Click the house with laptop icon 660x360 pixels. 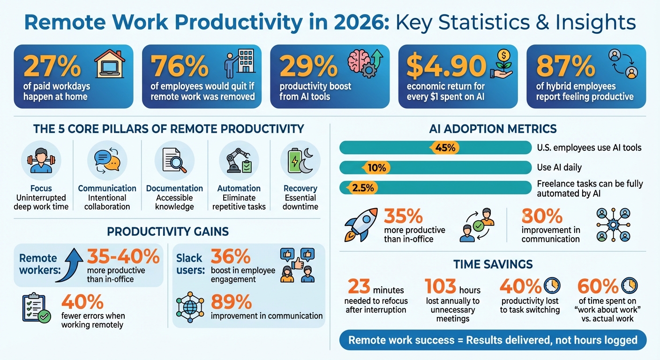pos(110,64)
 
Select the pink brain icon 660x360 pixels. pos(358,60)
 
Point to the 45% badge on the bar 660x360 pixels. pos(445,148)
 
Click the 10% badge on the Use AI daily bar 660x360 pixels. pos(376,168)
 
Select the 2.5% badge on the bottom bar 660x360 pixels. pos(362,187)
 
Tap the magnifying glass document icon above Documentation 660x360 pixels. pos(174,160)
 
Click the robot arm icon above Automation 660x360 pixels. pos(239,160)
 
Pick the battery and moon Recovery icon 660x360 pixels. pos(300,160)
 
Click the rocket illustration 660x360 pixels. pos(361,225)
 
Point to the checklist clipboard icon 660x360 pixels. pos(36,308)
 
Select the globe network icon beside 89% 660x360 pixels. pos(190,307)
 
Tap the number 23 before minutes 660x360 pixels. pos(359,286)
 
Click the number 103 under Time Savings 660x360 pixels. pos(440,286)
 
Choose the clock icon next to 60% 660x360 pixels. pos(630,285)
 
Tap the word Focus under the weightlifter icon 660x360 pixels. pos(41,188)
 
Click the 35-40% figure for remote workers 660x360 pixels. pos(123,256)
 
